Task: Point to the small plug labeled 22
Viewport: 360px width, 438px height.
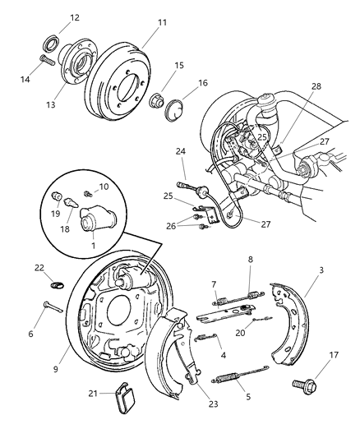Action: [57, 284]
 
